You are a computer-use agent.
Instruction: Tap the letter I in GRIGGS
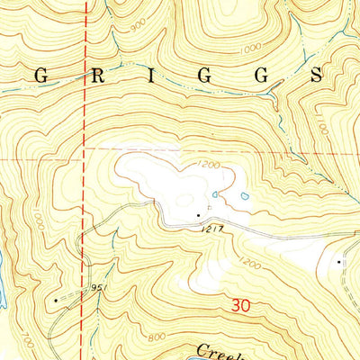[x=146, y=77]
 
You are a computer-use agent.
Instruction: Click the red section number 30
[x=239, y=306]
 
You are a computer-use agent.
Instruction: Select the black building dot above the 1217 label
[x=199, y=215]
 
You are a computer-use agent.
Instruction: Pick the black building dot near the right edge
[x=338, y=261]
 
